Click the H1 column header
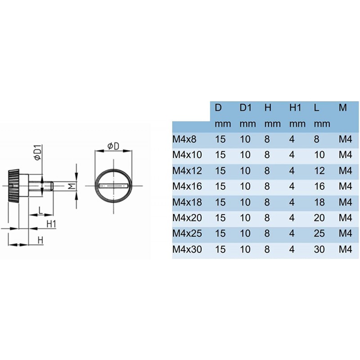click(x=295, y=108)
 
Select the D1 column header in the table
click(x=245, y=108)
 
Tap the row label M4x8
click(x=184, y=139)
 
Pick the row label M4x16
click(x=187, y=186)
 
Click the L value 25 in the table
click(x=319, y=233)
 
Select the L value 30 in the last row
click(x=319, y=249)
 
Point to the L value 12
click(x=319, y=171)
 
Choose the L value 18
click(x=319, y=202)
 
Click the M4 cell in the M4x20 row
click(x=345, y=218)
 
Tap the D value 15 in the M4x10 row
click(x=220, y=155)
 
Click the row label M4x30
click(x=187, y=249)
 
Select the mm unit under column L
click(x=322, y=124)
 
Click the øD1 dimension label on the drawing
click(x=38, y=153)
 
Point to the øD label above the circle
click(x=113, y=146)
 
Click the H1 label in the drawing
click(x=51, y=224)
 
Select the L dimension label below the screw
click(x=40, y=210)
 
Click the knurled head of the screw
click(x=13, y=185)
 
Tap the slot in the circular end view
click(x=113, y=185)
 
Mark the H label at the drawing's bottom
click(x=40, y=240)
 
